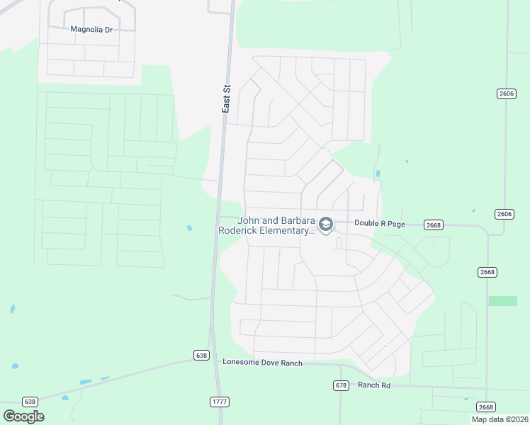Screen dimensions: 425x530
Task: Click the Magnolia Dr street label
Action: [x=92, y=29]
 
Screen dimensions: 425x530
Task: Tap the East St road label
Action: [x=226, y=99]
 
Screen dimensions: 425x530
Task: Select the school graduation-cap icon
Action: [x=326, y=225]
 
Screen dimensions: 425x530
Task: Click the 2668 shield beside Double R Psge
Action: [x=433, y=225]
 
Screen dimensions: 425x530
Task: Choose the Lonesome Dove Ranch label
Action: [x=262, y=363]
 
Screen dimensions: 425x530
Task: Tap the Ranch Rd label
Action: [x=374, y=385]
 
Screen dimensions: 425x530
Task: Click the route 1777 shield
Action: [x=220, y=402]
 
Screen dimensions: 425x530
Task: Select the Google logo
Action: [x=23, y=416]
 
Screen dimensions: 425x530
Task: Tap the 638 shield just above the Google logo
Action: [x=30, y=401]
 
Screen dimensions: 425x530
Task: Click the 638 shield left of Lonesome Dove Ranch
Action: [x=201, y=355]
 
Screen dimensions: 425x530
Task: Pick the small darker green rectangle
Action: [x=502, y=300]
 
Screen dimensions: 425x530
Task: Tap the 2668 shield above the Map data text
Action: [x=485, y=407]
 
